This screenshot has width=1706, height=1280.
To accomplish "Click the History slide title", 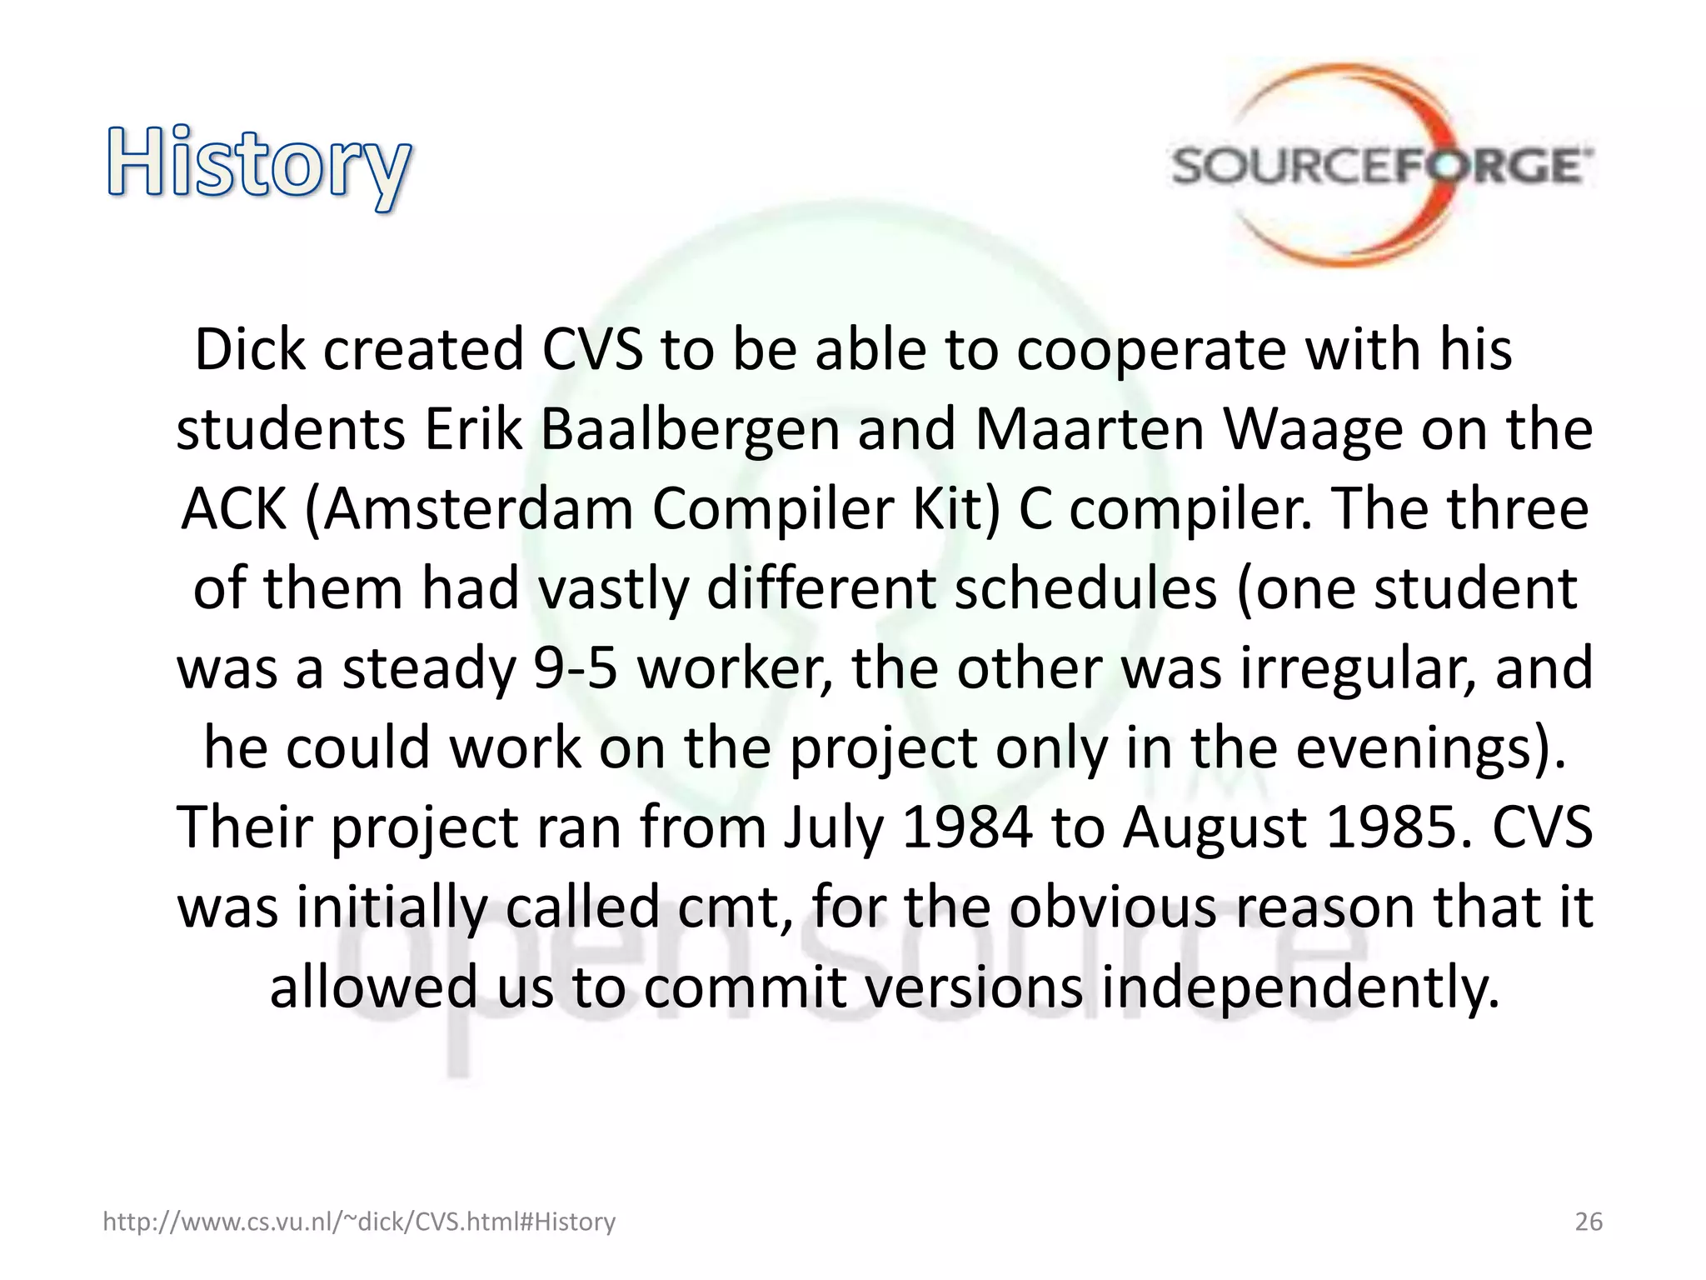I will click(258, 165).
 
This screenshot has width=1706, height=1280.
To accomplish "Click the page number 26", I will click(1588, 1222).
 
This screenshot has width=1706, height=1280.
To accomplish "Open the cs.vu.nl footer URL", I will click(359, 1222).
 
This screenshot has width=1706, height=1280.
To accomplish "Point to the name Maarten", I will click(1090, 430).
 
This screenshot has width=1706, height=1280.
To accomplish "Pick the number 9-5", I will click(576, 669).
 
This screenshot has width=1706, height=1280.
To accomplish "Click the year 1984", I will click(966, 827).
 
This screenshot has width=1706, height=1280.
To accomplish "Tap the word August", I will click(1215, 827).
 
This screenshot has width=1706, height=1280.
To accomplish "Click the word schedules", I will click(1085, 589).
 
